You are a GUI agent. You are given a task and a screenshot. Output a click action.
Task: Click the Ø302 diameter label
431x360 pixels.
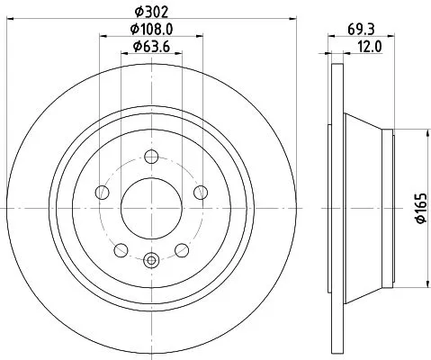pos(150,13)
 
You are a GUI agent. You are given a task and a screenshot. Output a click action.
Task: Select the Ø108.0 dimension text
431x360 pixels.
pos(152,30)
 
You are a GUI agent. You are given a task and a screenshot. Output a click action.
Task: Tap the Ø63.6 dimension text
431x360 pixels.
pos(152,47)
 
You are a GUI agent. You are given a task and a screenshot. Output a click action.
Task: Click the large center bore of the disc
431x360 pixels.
pos(150,206)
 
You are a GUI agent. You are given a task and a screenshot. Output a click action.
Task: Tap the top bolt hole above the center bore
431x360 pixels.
pos(150,157)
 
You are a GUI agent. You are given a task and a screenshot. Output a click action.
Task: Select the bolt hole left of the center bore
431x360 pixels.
pos(103,193)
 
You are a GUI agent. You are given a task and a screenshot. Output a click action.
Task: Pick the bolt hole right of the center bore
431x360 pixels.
pos(197,193)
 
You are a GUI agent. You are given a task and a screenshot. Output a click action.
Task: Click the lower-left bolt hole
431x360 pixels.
pos(121,248)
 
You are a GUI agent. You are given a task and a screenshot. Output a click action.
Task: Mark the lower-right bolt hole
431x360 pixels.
pos(180,248)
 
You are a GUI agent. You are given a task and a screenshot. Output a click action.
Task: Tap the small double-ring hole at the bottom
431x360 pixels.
pos(150,262)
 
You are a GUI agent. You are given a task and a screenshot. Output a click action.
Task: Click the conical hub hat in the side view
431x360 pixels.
pos(364,206)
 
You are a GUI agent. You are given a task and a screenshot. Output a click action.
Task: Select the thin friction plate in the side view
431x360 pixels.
pos(337,206)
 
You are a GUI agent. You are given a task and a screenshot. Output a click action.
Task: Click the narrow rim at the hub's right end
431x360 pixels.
pos(390,206)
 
